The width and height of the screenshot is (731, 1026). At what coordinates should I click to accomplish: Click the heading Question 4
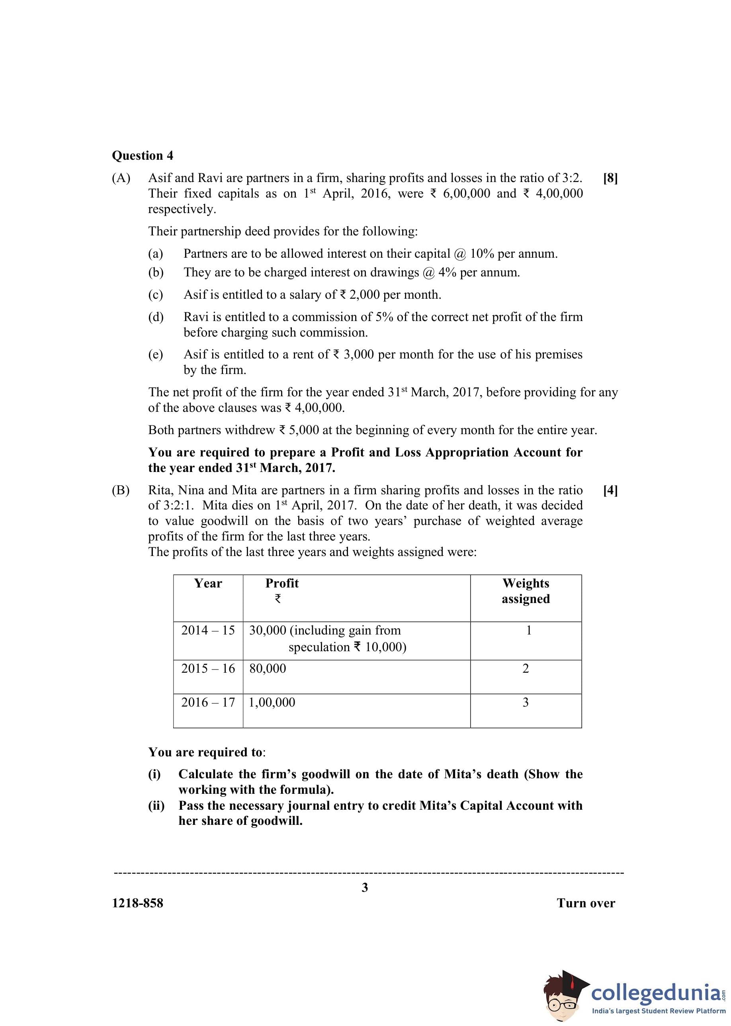(142, 155)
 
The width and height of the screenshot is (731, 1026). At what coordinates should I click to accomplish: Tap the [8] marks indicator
(610, 178)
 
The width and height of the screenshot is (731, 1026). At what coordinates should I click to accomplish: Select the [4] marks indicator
(610, 490)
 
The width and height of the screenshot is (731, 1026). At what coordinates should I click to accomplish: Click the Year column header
(207, 583)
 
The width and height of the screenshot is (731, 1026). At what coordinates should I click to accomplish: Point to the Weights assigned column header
(526, 591)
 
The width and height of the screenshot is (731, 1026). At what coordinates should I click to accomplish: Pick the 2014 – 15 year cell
(208, 630)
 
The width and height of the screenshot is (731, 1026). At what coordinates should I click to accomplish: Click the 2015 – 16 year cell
(208, 669)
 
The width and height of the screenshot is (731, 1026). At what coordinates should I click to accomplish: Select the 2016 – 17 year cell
(208, 702)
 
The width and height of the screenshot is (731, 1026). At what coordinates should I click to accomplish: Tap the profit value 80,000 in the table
(268, 669)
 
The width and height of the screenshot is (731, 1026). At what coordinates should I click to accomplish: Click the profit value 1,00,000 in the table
(272, 702)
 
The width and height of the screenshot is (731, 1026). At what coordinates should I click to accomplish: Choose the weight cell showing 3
(525, 702)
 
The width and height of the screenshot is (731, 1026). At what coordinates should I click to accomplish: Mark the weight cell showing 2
(525, 669)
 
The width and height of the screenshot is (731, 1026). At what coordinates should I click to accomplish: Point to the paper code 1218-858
(138, 903)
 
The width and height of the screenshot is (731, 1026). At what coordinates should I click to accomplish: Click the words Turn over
(586, 903)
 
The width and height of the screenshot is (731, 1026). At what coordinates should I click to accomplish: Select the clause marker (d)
(156, 317)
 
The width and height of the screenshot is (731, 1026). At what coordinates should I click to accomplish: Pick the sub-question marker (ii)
(156, 805)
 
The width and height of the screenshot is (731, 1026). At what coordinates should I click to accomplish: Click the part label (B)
(121, 490)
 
